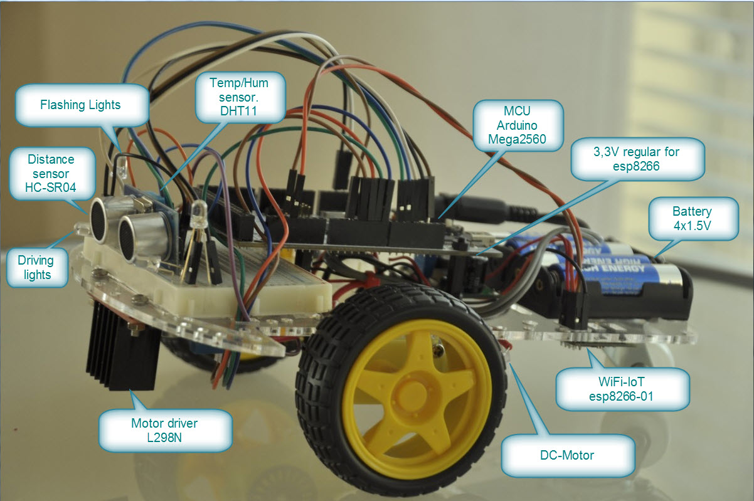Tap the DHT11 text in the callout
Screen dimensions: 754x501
tap(238, 111)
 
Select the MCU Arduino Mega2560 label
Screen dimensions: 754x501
tap(518, 125)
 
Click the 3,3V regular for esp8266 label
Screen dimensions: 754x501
tap(637, 159)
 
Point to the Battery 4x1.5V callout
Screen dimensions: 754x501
tap(693, 218)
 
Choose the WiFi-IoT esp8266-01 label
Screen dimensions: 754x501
tap(622, 389)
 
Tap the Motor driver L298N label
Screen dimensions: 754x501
tap(165, 430)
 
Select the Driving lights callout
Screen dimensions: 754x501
tap(37, 268)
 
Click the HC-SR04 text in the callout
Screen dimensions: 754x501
tap(51, 187)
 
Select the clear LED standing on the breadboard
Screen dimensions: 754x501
tap(199, 211)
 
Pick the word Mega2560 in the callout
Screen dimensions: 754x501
tap(518, 139)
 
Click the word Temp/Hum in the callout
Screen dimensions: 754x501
tap(239, 83)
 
